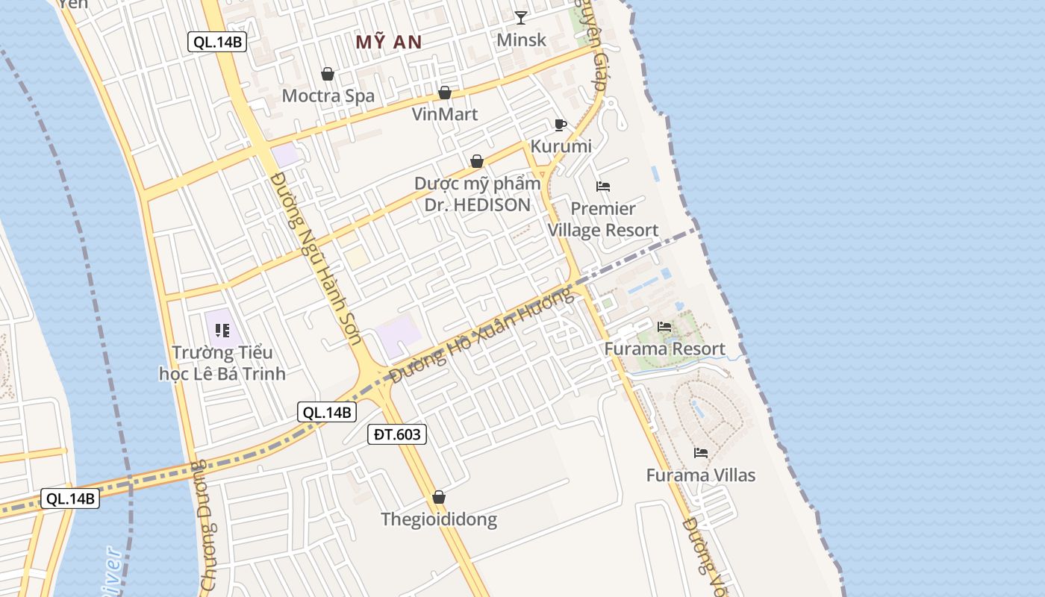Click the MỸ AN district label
(x=389, y=42)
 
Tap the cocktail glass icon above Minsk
(x=521, y=17)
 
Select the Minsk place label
(x=522, y=40)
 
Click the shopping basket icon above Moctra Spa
(x=327, y=74)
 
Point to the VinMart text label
(x=445, y=115)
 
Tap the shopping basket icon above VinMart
(x=445, y=93)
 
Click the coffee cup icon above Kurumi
(x=561, y=125)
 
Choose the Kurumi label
(x=561, y=146)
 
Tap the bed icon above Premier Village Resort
(x=603, y=186)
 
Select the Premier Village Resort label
(x=603, y=219)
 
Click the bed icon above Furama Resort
(x=664, y=327)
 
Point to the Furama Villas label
(x=700, y=475)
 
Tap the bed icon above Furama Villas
(x=700, y=453)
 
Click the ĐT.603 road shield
(x=397, y=434)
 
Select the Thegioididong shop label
(x=439, y=519)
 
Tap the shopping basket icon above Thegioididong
(x=439, y=497)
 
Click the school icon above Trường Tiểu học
(x=222, y=330)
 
